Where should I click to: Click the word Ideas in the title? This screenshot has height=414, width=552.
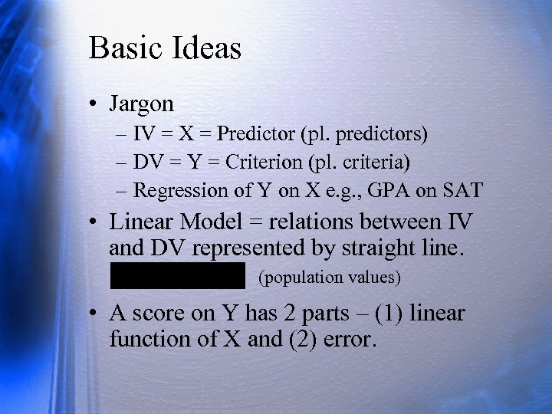tap(207, 48)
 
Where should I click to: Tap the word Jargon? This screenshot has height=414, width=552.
tap(142, 103)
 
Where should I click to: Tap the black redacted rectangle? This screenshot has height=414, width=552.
tap(177, 274)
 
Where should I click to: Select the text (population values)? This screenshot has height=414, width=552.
tap(330, 277)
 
